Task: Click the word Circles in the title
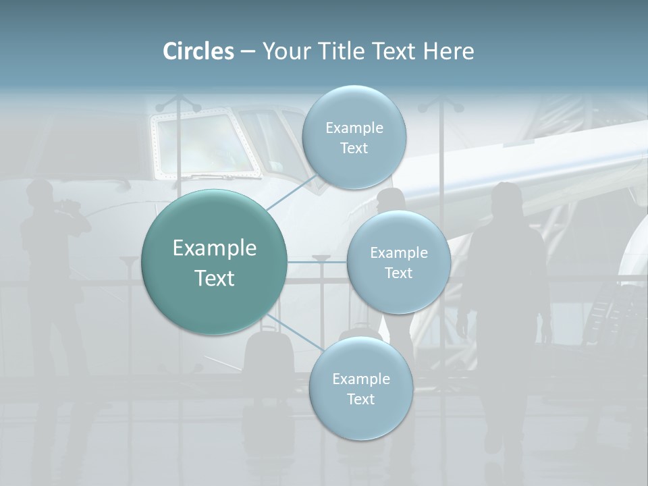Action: point(198,51)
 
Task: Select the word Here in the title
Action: point(448,51)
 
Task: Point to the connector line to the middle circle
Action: point(317,262)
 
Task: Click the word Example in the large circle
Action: point(215,248)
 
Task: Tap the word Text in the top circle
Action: point(354,148)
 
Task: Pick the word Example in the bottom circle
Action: point(361,379)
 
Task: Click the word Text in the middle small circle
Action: point(398,273)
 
